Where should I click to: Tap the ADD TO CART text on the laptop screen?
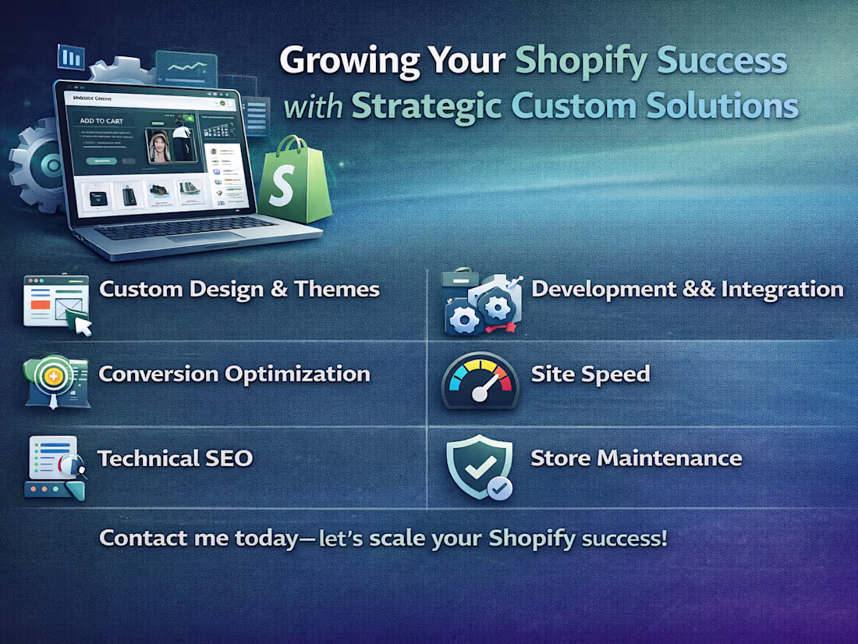pyautogui.click(x=101, y=121)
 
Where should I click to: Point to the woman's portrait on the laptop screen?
pyautogui.click(x=161, y=145)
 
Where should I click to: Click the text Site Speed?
pyautogui.click(x=590, y=374)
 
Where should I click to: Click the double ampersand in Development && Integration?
pyautogui.click(x=697, y=290)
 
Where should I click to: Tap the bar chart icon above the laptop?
pyautogui.click(x=71, y=57)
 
